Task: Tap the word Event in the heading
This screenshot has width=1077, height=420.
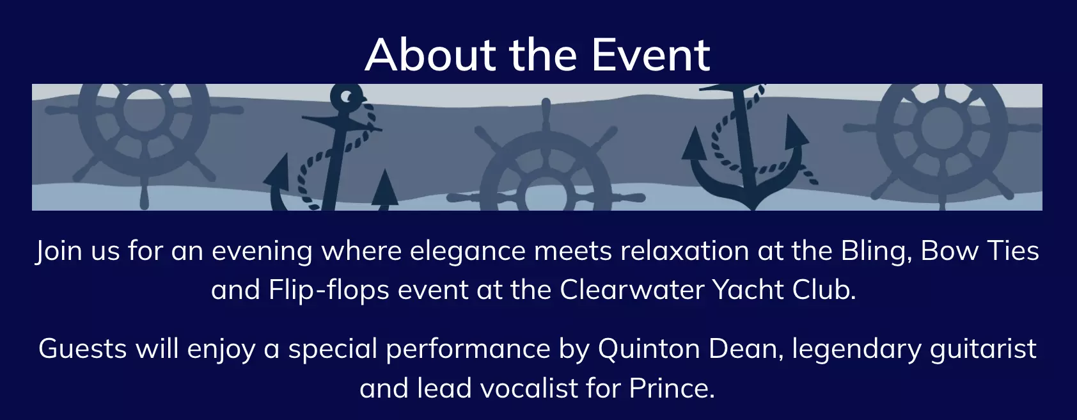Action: coord(650,54)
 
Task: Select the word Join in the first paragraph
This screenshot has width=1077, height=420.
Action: coord(59,251)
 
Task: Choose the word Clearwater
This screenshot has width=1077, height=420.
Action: coord(632,289)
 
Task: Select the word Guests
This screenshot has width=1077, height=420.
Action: coord(83,349)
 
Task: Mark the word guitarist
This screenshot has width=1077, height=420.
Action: coord(983,350)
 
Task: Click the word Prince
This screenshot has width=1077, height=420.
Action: coord(672,388)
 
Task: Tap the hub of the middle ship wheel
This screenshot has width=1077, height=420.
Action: coord(546,197)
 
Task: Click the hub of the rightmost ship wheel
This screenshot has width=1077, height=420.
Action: coord(943,128)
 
